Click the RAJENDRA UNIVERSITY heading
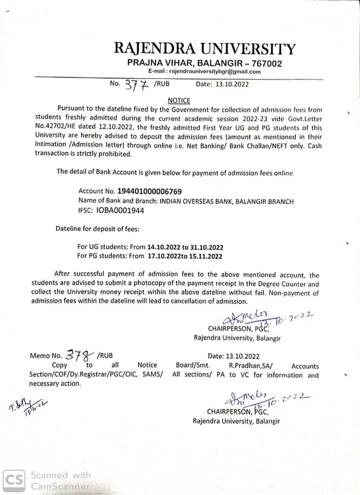click(204, 49)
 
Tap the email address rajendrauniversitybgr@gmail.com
click(204, 71)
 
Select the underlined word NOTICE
click(179, 100)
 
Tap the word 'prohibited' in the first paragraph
click(115, 154)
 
